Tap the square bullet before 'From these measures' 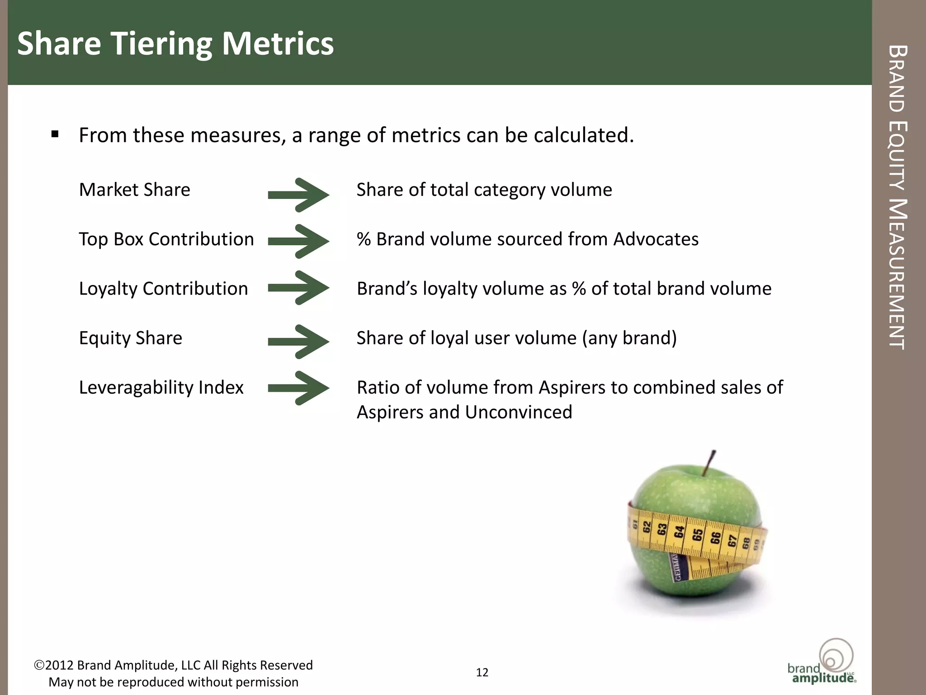[55, 134]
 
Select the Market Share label [135, 190]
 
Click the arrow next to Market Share [298, 195]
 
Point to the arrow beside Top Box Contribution [298, 241]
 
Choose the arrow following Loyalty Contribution [298, 288]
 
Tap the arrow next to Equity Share [298, 342]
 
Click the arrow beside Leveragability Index [298, 388]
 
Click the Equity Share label [131, 338]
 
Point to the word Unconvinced [519, 412]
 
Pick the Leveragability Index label [161, 388]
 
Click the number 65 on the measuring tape [698, 535]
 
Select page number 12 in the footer [482, 672]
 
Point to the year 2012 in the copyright [59, 665]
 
